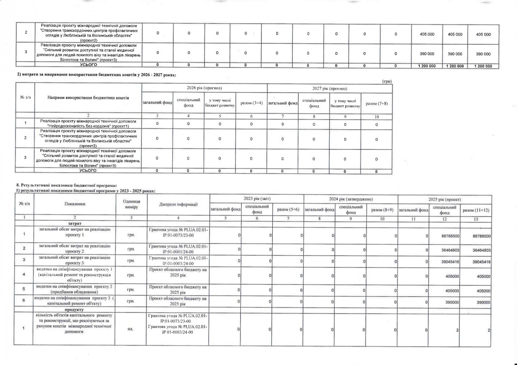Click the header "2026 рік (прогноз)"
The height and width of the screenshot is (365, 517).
tap(204, 88)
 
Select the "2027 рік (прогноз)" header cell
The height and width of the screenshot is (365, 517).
tap(330, 88)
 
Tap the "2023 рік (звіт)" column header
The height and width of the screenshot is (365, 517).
tap(256, 199)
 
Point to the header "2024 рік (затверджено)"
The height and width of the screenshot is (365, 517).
tap(351, 199)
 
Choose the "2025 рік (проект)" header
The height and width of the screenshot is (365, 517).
tap(445, 199)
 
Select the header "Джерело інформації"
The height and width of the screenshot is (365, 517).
tap(178, 204)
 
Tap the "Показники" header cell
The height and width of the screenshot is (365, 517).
tap(75, 204)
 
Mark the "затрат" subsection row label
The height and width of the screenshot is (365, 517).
tap(75, 224)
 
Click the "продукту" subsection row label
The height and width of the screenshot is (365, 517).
tap(75, 309)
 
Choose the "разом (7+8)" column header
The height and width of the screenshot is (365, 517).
tap(377, 104)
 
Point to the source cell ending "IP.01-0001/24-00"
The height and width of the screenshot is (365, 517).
tap(178, 250)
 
